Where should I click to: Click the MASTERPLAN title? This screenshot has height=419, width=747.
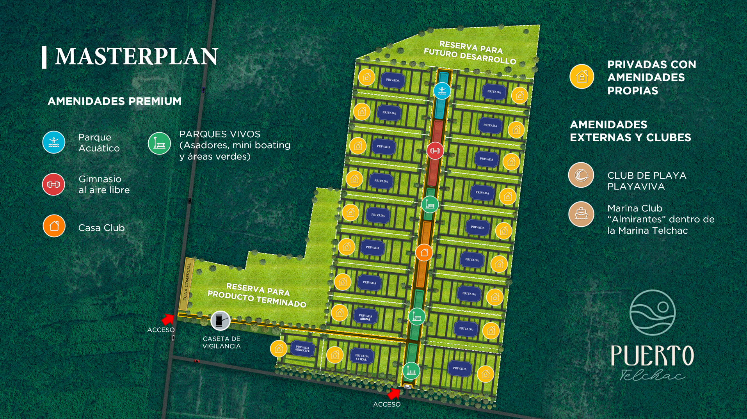tap(136, 57)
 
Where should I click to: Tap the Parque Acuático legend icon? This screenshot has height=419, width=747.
tap(54, 142)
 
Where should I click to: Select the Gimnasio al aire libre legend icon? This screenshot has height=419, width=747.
tap(53, 184)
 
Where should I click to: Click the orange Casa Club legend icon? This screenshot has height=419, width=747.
tap(54, 226)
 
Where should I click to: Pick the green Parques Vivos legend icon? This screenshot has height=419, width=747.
tap(159, 143)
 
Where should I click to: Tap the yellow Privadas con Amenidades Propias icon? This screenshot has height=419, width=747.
tap(582, 76)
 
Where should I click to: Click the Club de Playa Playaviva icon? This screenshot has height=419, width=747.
tap(581, 175)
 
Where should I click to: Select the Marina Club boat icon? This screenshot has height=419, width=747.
tap(581, 214)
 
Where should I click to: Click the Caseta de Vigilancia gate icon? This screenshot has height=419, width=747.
tap(220, 321)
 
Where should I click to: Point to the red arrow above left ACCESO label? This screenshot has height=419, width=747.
tap(168, 319)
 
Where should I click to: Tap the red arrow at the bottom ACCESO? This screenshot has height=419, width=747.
tap(394, 393)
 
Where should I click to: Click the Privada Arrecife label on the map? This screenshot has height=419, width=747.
tap(302, 348)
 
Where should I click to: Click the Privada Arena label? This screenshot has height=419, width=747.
tap(365, 317)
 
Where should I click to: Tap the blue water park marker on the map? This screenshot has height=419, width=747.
tap(442, 91)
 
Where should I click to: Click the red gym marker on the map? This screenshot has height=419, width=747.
tap(435, 151)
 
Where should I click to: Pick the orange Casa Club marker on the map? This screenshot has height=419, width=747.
tap(424, 253)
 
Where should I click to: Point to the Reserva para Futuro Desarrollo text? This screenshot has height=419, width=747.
tap(470, 53)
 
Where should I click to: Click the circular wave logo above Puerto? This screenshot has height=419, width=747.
tap(653, 312)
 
